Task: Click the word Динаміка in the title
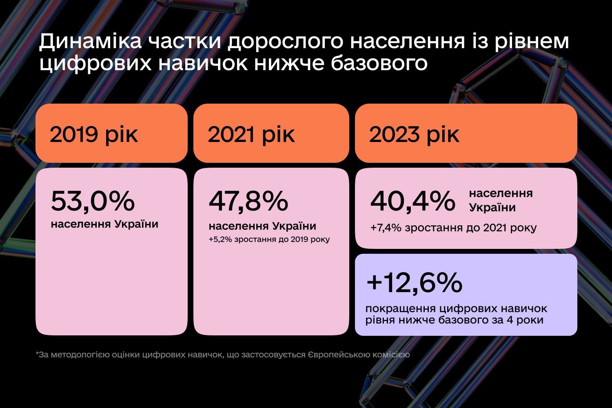coord(90,42)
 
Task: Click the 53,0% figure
coord(93,201)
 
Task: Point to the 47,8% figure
coord(248,201)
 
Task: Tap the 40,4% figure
coord(412,201)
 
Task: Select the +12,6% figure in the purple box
coord(415,282)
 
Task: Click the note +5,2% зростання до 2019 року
coord(269,239)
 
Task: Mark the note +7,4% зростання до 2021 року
coord(453,228)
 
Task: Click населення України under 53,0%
coord(104,224)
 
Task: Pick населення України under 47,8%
coord(262,226)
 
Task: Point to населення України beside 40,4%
coord(501,200)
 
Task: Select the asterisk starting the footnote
coord(37,354)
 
